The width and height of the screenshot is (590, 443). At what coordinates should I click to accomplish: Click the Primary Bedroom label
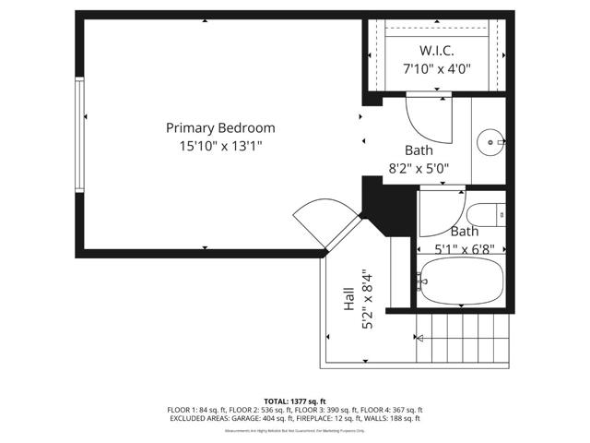click(x=220, y=128)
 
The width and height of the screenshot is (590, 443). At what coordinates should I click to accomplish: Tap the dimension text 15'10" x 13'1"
click(x=220, y=145)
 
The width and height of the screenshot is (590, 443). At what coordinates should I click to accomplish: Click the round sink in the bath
click(x=490, y=142)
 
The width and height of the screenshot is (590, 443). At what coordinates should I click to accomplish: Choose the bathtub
click(x=458, y=281)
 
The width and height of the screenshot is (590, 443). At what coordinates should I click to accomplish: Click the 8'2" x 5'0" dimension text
click(x=418, y=168)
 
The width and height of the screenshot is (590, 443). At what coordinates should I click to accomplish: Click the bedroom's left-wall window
click(x=80, y=135)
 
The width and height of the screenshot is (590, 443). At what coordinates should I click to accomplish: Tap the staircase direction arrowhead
click(x=420, y=339)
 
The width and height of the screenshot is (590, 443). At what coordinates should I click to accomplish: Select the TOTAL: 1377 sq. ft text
click(x=294, y=401)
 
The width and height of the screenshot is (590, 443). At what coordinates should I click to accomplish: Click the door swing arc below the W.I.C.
click(x=427, y=117)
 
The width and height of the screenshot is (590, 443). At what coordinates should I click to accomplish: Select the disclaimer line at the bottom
click(x=294, y=430)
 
